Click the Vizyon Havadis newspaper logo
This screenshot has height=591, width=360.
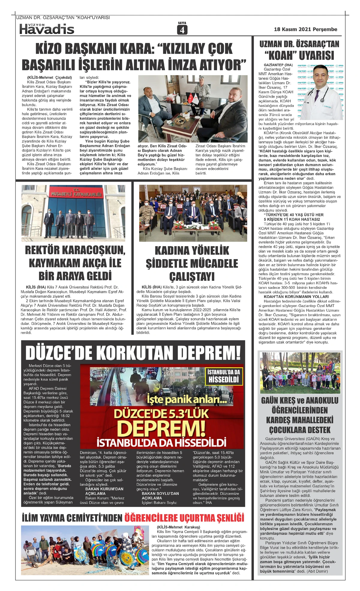[x=47, y=29]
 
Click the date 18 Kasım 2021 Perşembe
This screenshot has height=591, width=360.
[x=305, y=29]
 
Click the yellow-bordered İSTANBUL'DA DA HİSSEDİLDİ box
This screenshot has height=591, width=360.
[x=224, y=376]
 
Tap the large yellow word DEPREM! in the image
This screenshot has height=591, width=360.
[x=161, y=429]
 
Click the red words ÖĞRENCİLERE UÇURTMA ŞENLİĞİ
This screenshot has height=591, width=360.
[x=184, y=518]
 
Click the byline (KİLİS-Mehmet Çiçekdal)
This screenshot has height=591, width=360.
[x=49, y=77]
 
